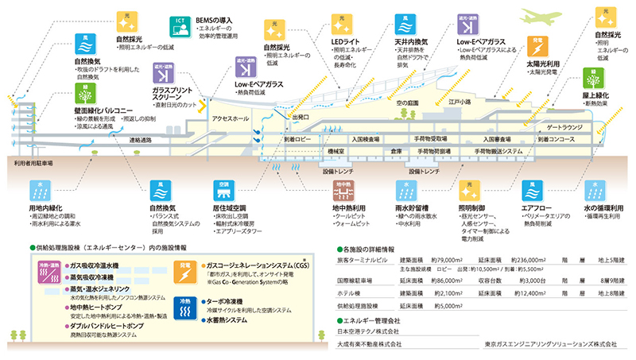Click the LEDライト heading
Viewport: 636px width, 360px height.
coord(347,42)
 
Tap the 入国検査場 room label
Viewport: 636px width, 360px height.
coord(366,138)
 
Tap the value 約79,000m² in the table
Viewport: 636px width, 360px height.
coord(449,260)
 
